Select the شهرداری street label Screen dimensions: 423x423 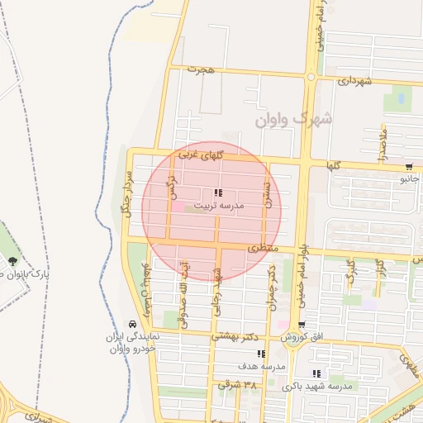[356, 81]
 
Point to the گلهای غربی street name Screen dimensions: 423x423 [200, 155]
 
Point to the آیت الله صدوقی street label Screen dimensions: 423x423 [183, 293]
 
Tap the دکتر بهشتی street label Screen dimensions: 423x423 [235, 336]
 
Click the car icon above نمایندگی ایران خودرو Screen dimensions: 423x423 [133, 324]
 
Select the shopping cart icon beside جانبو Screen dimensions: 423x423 [410, 166]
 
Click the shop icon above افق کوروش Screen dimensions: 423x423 [302, 325]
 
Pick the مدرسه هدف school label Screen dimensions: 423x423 [261, 365]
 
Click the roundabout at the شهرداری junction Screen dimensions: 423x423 [311, 78]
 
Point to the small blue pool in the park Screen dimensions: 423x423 [401, 99]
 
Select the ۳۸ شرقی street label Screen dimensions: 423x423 [238, 385]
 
